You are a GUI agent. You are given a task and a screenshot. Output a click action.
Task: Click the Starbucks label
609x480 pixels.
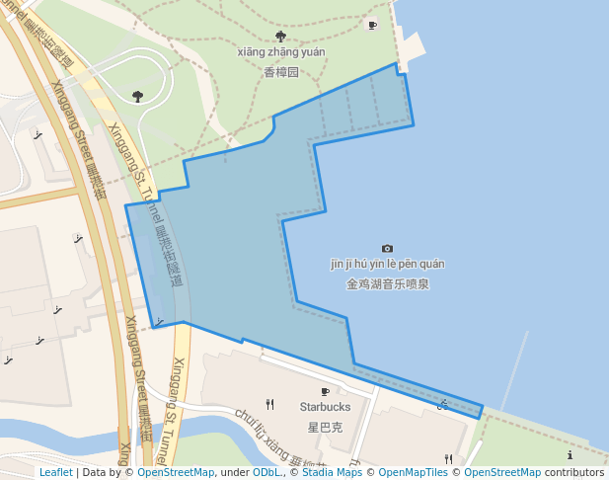tap(325, 407)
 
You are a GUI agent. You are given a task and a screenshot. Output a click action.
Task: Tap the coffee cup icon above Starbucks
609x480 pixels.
tap(325, 392)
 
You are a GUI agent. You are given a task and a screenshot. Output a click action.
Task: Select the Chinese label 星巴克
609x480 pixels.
tap(325, 428)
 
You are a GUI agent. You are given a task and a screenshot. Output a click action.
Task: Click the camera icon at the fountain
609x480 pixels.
tap(387, 248)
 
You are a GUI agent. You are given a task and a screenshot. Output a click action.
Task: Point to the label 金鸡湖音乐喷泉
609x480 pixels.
tap(387, 283)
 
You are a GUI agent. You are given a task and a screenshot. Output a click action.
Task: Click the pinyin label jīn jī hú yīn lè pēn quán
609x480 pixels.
tap(387, 264)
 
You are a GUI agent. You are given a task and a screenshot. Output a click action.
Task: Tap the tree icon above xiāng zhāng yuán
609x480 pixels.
tap(280, 36)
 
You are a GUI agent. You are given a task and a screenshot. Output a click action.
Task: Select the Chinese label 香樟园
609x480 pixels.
tap(280, 72)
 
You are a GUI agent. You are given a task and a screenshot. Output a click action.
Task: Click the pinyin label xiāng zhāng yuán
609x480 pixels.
tap(280, 51)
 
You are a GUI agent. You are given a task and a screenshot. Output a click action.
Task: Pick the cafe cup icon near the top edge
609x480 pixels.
tap(372, 25)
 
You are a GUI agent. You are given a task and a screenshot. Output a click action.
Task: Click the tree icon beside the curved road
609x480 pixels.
tap(137, 96)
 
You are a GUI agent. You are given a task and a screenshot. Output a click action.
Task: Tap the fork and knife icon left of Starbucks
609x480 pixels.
tap(269, 403)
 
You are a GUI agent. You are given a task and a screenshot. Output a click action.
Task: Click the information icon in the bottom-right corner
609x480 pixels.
tap(571, 455)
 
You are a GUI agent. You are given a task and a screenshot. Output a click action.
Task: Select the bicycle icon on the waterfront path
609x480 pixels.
tap(443, 403)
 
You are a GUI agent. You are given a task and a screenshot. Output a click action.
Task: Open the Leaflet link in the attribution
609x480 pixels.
tap(55, 472)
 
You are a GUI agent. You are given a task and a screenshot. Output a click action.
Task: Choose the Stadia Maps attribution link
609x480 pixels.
tap(330, 472)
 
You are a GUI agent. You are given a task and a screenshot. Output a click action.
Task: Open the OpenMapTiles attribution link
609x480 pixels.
tap(414, 472)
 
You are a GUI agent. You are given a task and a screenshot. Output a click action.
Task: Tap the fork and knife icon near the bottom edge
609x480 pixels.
tap(448, 458)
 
